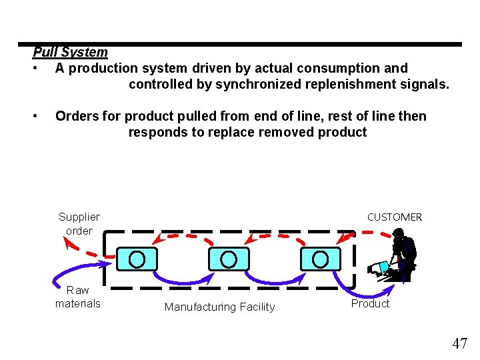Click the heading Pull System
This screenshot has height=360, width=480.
pyautogui.click(x=70, y=52)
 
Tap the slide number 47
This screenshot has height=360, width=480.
pyautogui.click(x=459, y=343)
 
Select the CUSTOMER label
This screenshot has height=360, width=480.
pyautogui.click(x=394, y=217)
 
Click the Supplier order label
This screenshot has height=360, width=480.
pyautogui.click(x=79, y=223)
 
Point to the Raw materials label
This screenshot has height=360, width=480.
pyautogui.click(x=78, y=297)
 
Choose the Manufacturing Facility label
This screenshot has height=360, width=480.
pyautogui.click(x=219, y=307)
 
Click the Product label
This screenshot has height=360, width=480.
pyautogui.click(x=370, y=303)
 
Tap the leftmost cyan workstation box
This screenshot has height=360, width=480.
pyautogui.click(x=137, y=259)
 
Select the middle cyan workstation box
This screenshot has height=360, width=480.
pyautogui.click(x=229, y=259)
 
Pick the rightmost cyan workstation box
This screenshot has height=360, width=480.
pyautogui.click(x=320, y=259)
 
